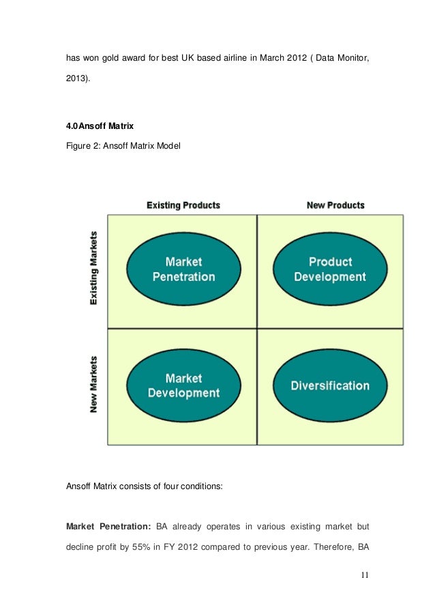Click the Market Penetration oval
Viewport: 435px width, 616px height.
click(183, 269)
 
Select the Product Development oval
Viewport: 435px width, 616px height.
click(330, 269)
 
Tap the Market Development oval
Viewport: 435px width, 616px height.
click(183, 385)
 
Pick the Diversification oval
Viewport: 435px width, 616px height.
click(330, 385)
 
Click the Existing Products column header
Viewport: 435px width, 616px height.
click(183, 205)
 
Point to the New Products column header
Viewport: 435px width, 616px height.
click(335, 205)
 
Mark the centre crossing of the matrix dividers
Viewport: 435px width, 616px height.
click(256, 328)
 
